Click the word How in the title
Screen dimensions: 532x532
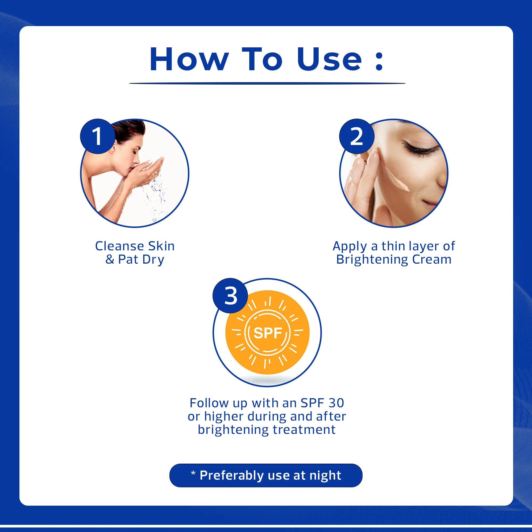click(189, 60)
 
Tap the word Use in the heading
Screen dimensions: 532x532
click(329, 60)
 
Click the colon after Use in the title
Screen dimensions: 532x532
click(379, 61)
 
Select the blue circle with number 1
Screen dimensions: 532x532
click(97, 136)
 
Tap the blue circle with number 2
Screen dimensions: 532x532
click(357, 136)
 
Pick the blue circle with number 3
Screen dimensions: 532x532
click(230, 296)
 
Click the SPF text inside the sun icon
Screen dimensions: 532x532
click(267, 333)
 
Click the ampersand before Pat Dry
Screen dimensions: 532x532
click(110, 259)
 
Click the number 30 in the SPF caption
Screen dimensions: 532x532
click(336, 403)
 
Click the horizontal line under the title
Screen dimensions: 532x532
click(267, 83)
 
